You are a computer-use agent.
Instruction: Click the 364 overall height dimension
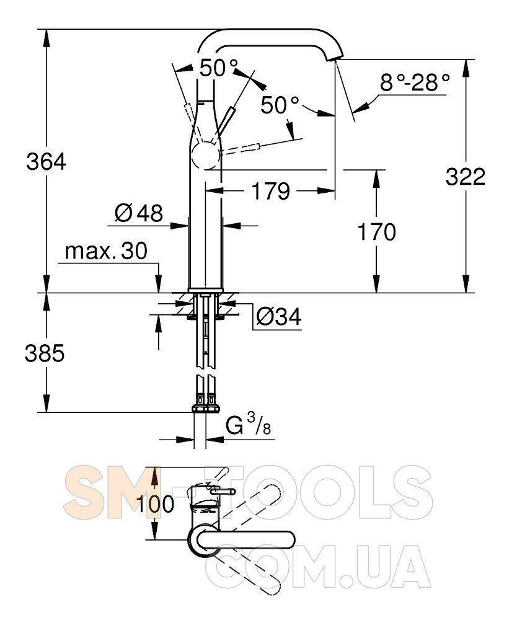pos(46,162)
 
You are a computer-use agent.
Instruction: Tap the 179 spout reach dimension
pos(271,191)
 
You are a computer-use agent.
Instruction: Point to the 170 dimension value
pos(376,232)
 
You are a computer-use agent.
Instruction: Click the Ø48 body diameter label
pos(139,213)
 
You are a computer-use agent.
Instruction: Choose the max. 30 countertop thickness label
pos(106,250)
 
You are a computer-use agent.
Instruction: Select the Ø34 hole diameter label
pos(279,316)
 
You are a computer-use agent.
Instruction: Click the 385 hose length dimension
pos(44,353)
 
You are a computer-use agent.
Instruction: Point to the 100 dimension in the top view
pos(155,503)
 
